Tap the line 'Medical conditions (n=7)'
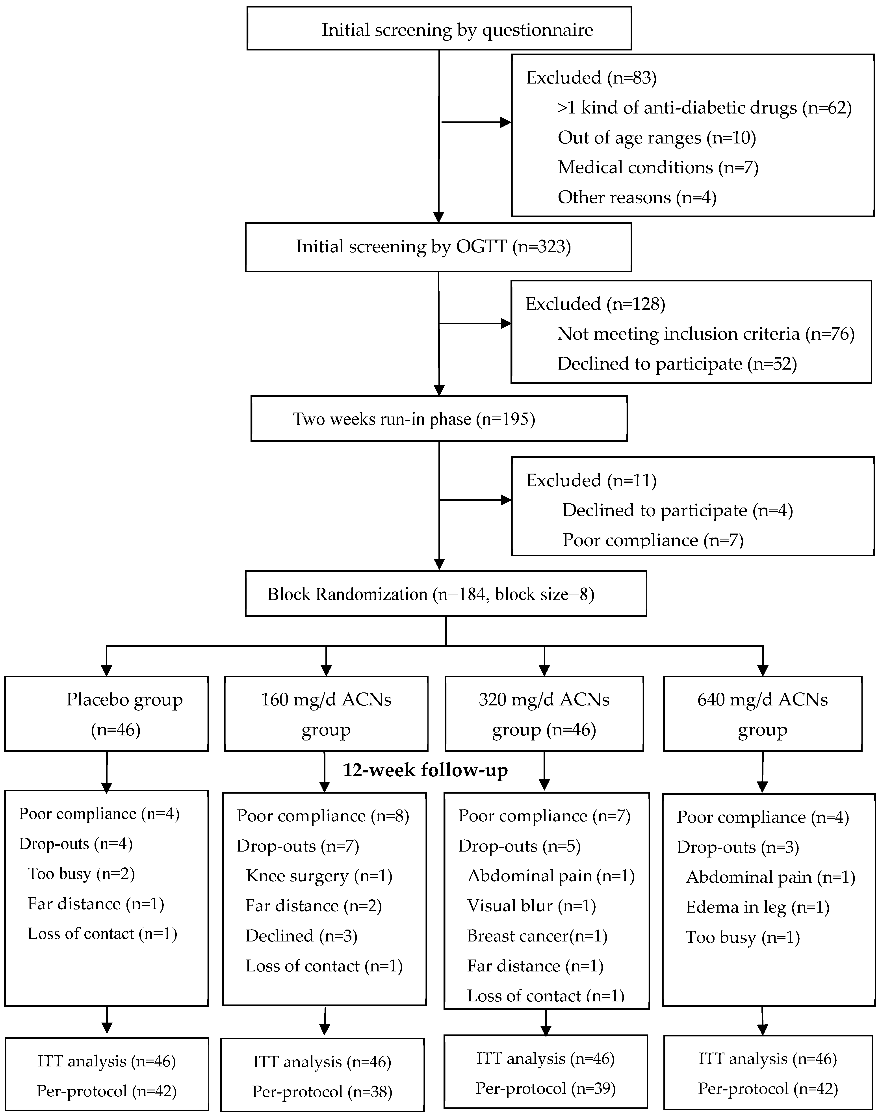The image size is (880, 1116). pos(658,167)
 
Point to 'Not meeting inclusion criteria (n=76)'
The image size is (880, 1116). pos(705,334)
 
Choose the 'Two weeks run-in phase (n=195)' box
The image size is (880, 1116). pos(439,418)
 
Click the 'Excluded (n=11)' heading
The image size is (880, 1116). pos(591,480)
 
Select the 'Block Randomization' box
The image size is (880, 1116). pos(446,593)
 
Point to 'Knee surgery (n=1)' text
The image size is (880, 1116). pos(319,876)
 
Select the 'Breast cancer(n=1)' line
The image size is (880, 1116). pos(537,936)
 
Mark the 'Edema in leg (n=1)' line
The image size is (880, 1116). pos(757,907)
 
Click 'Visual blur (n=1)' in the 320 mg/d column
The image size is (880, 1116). pos(531,906)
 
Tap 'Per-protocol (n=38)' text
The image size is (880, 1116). pos(322,1091)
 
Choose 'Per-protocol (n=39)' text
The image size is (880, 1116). pos(545,1088)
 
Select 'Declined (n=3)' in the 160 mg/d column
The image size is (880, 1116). pos(301,936)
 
